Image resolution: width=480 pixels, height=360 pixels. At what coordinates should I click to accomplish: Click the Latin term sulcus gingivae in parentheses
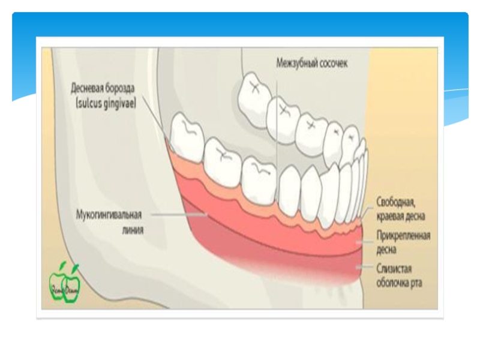click(105, 103)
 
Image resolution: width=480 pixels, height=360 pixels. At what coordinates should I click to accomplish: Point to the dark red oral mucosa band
click(270, 264)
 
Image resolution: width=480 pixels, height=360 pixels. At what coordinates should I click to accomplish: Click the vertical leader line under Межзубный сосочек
click(277, 120)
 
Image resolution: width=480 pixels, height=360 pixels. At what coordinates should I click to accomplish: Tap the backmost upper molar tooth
click(254, 90)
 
